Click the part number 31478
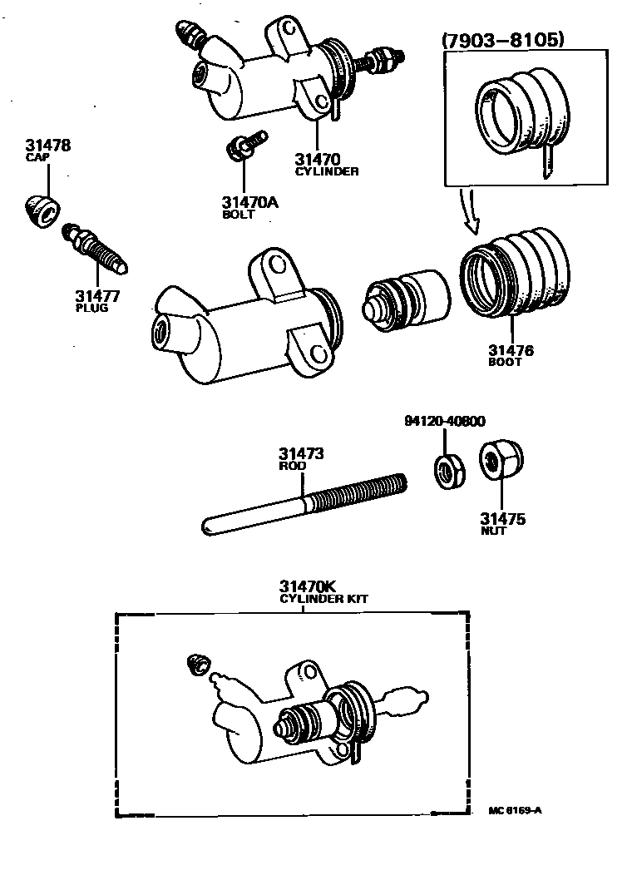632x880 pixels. point(47,146)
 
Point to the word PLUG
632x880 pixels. point(91,308)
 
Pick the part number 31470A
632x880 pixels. point(250,202)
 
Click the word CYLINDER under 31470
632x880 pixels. point(328,172)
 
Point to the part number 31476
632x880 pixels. point(511,350)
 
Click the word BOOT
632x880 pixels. point(505,362)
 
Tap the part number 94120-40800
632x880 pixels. point(445,421)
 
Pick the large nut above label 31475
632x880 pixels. point(501,461)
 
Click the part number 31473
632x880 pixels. point(300,454)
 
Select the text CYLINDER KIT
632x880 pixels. point(323,598)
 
